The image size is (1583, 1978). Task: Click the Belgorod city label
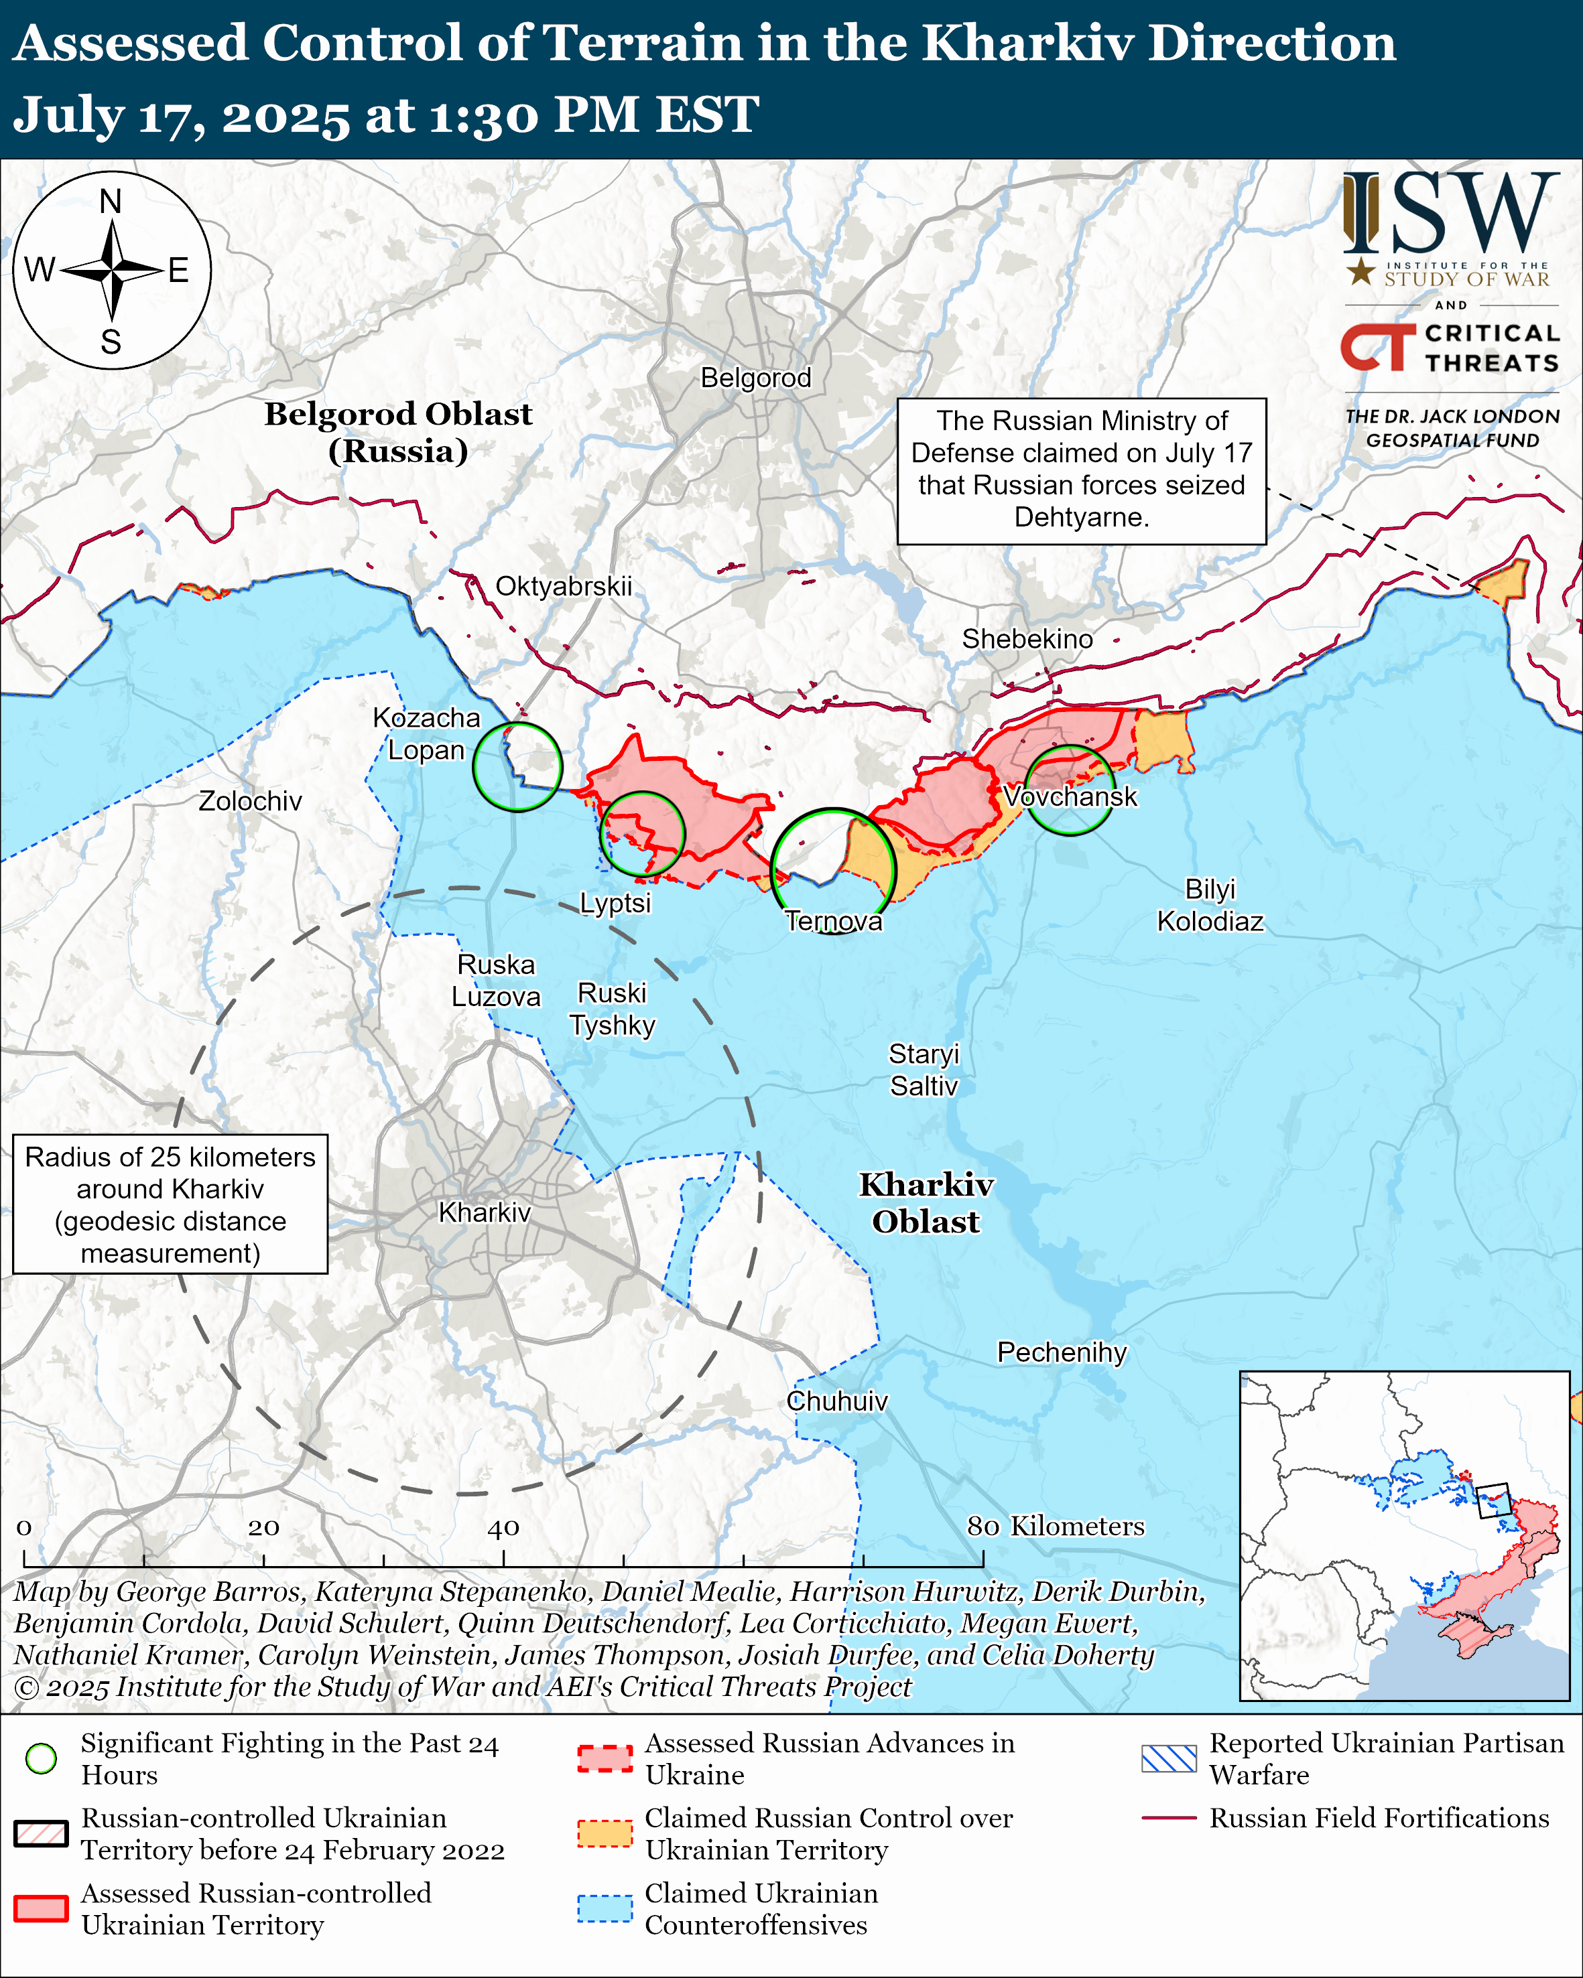pos(755,378)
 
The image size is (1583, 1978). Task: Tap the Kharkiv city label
pos(485,1213)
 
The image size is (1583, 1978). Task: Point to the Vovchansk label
pos(1070,796)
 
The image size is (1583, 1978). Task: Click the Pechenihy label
pos(1062,1352)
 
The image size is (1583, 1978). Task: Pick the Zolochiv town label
pos(251,801)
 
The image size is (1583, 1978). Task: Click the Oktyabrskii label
pos(564,586)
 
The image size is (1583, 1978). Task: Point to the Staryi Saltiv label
pos(923,1070)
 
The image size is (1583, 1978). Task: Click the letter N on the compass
pos(111,201)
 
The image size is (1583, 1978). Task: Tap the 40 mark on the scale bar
pos(503,1529)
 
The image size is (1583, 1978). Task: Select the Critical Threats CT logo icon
pos(1377,348)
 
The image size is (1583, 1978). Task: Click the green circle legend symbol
pos(42,1758)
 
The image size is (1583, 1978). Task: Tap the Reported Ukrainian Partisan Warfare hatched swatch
pos(1169,1758)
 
